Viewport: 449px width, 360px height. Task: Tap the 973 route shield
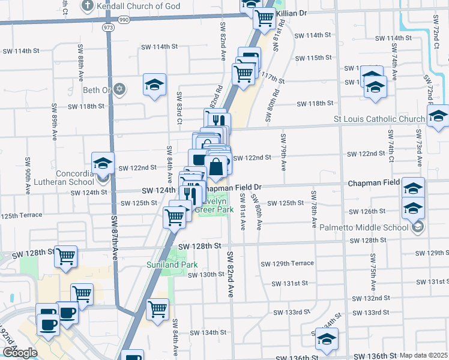tap(108, 28)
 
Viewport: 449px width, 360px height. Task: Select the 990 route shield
tap(124, 20)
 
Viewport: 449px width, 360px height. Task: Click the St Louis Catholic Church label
tap(379, 119)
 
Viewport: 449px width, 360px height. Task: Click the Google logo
tap(19, 353)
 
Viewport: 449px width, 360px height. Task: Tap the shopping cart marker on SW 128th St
tap(66, 256)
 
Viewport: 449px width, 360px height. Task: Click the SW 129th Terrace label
tap(287, 264)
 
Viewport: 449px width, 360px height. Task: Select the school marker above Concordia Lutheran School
tap(103, 163)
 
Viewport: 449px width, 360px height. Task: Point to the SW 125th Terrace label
tap(21, 215)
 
